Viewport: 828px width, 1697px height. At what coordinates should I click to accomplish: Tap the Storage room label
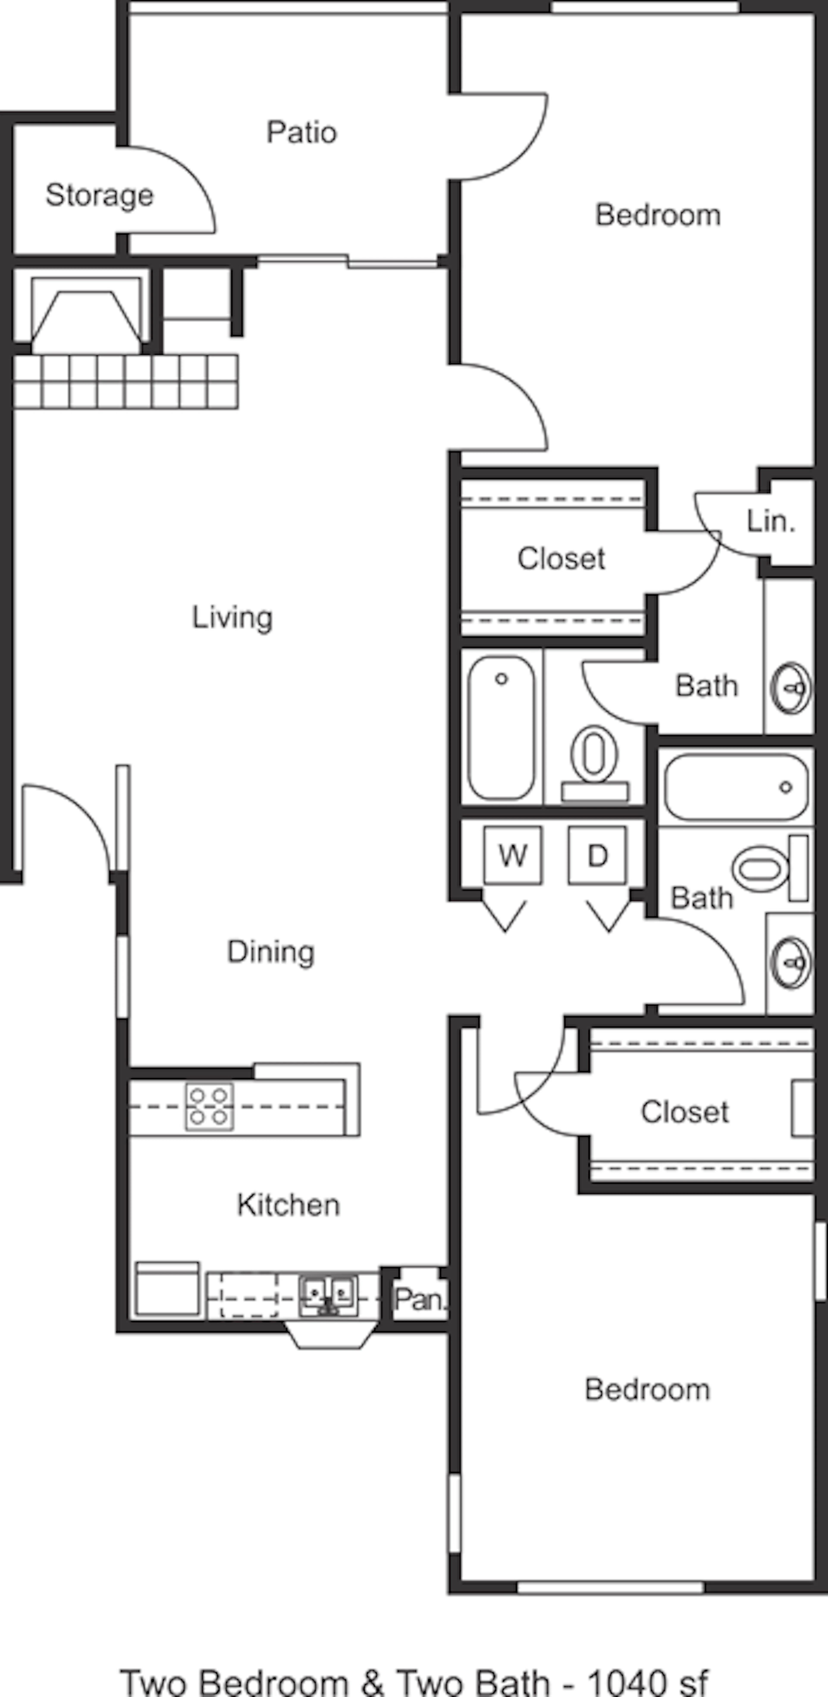[x=100, y=195]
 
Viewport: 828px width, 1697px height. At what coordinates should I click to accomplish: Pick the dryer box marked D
[x=597, y=855]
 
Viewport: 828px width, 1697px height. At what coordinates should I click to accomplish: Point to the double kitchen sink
[x=328, y=1297]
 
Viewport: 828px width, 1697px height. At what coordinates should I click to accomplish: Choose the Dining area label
[x=271, y=952]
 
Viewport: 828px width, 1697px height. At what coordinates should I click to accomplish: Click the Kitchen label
[x=288, y=1204]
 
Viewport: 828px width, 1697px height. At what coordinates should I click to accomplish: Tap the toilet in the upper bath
[x=595, y=764]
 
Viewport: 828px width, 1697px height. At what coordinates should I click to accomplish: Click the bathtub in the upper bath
[x=502, y=727]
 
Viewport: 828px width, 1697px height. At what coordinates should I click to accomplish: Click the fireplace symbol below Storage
[x=86, y=315]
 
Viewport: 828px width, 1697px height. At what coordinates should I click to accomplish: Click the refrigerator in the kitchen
[x=168, y=1288]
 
